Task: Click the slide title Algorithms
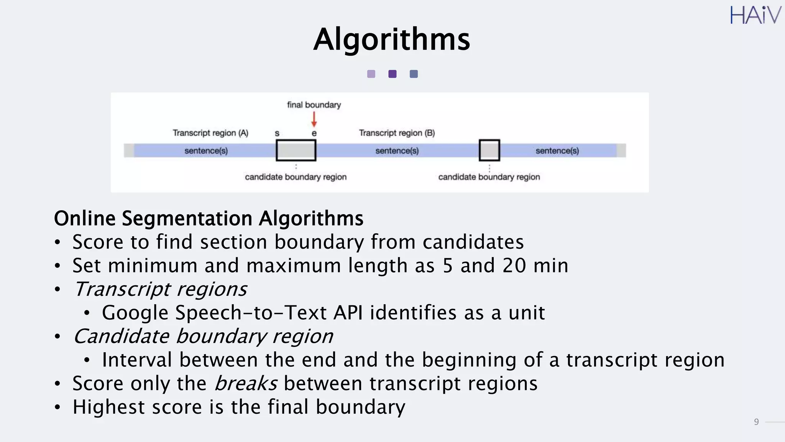click(x=391, y=40)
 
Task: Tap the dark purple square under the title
click(x=392, y=74)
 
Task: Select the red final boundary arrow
click(x=314, y=119)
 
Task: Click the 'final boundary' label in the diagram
click(x=314, y=105)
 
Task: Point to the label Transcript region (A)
click(x=210, y=133)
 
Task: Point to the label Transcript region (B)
click(x=397, y=133)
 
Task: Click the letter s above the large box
click(x=277, y=134)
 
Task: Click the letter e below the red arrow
click(x=314, y=134)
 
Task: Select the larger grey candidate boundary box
click(x=296, y=150)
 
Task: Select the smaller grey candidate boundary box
click(x=489, y=150)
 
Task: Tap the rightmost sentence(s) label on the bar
click(x=557, y=151)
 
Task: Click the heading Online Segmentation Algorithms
click(x=209, y=218)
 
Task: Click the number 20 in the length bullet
click(x=514, y=266)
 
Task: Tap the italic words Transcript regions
click(x=160, y=289)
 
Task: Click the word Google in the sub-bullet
click(x=135, y=313)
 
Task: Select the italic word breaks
click(x=245, y=383)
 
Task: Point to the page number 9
click(x=756, y=422)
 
